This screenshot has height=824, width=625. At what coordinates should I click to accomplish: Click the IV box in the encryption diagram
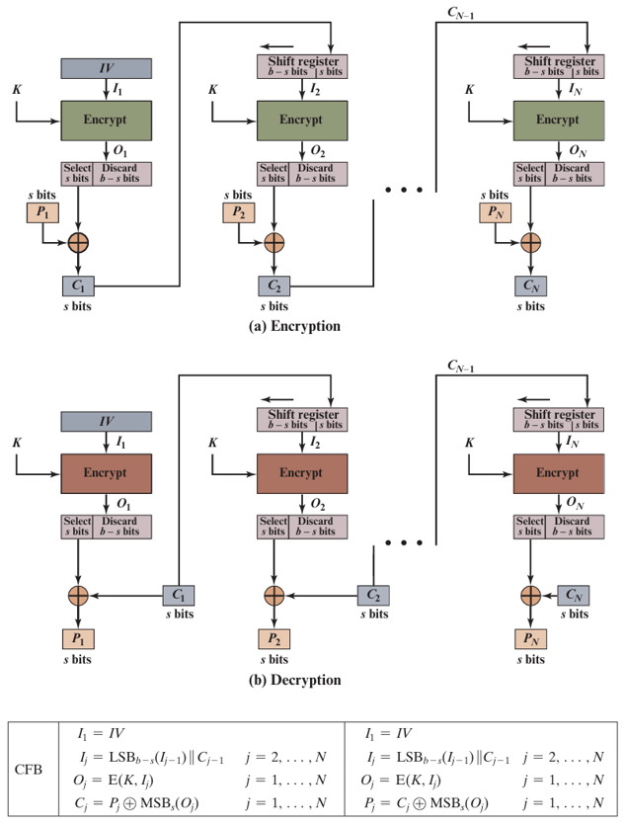click(107, 68)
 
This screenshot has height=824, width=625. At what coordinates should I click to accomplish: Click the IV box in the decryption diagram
click(107, 421)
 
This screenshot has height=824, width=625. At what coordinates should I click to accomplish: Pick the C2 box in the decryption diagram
click(372, 595)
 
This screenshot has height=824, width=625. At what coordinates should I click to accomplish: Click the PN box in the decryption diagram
click(530, 638)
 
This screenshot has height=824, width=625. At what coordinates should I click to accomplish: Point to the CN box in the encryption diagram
click(530, 287)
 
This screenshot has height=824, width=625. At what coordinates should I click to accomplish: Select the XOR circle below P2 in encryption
click(274, 241)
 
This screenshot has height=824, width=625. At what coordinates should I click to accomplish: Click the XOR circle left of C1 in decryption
click(78, 595)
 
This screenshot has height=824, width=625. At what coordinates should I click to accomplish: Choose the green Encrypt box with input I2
click(302, 120)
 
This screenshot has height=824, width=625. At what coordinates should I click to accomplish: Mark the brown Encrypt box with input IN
click(559, 472)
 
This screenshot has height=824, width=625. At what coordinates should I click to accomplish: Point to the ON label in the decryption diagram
click(576, 503)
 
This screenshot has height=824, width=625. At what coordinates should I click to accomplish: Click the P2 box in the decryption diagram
click(274, 638)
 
